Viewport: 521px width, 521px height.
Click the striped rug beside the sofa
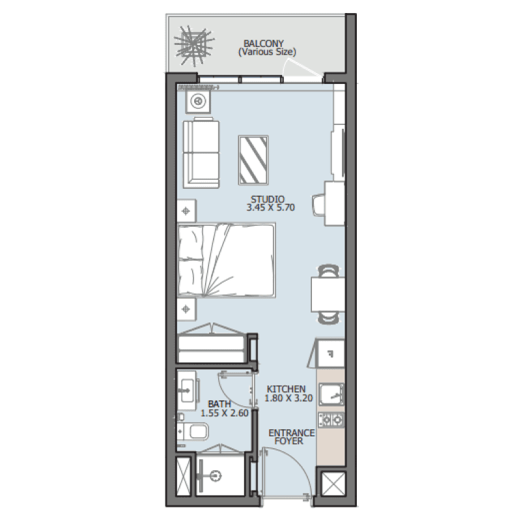pyautogui.click(x=254, y=160)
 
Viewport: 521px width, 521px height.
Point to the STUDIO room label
pyautogui.click(x=267, y=199)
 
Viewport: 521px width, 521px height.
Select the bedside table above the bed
pyautogui.click(x=187, y=211)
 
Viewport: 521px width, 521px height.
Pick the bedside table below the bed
pyautogui.click(x=187, y=307)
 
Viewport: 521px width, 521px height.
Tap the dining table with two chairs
pyautogui.click(x=328, y=294)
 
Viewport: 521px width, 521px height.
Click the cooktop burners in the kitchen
pyautogui.click(x=331, y=419)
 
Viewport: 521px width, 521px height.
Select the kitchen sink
pyautogui.click(x=331, y=393)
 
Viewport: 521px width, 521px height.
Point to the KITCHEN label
pyautogui.click(x=286, y=389)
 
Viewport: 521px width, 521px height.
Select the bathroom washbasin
pyautogui.click(x=188, y=390)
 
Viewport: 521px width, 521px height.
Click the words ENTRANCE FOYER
pyautogui.click(x=291, y=437)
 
